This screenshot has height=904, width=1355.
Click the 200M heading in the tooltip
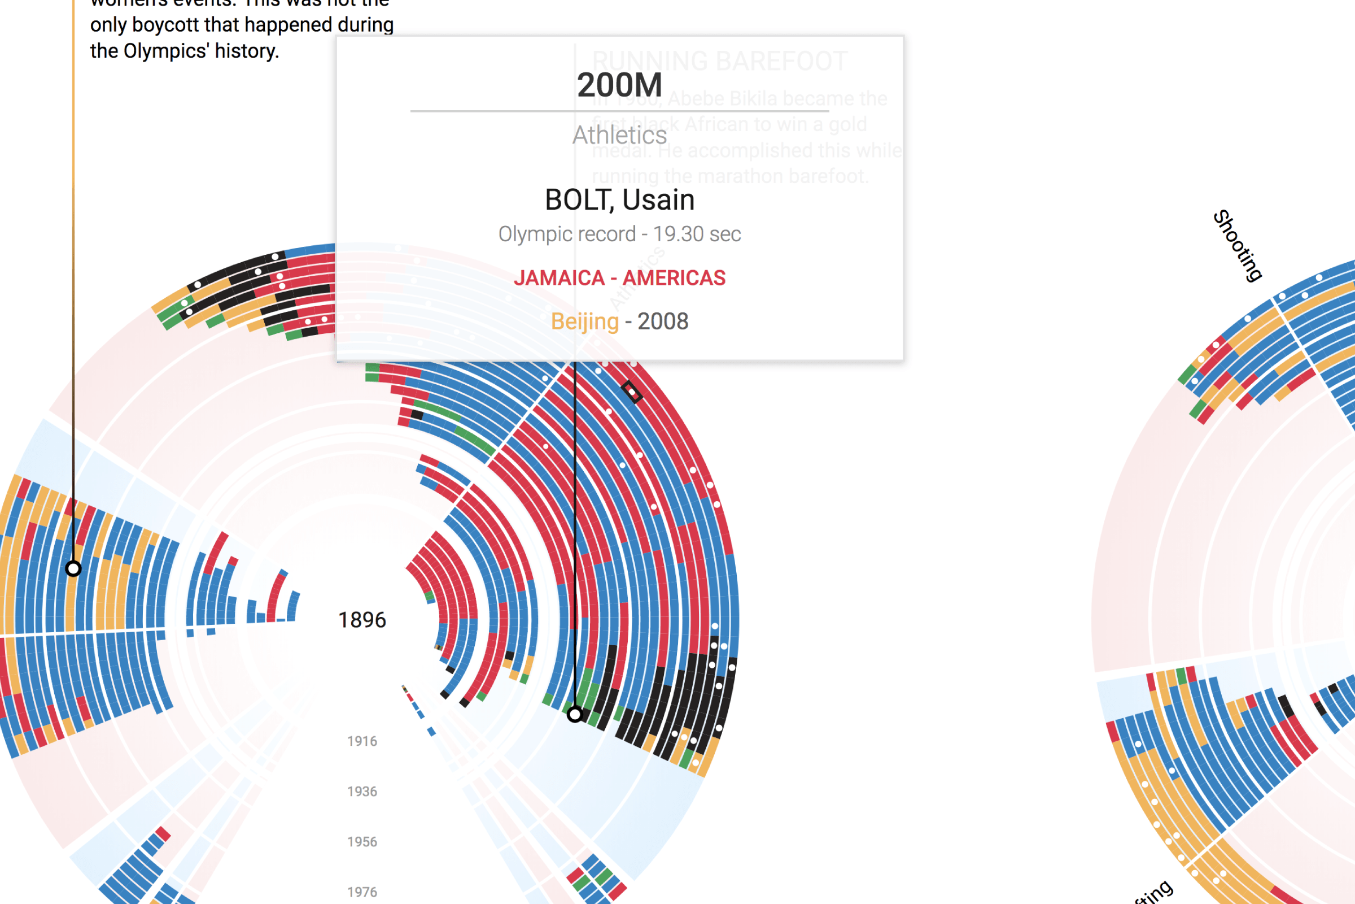pos(619,85)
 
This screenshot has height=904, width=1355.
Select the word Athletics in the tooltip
pos(619,136)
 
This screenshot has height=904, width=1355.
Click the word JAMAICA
pos(559,278)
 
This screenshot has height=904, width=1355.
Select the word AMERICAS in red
pos(674,278)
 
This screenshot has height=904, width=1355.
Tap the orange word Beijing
pos(584,321)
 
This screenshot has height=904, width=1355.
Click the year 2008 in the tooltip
pos(662,321)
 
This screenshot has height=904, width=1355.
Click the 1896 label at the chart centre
pos(362,620)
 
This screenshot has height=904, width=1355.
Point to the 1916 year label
pos(362,741)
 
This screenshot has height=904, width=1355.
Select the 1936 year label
pos(362,791)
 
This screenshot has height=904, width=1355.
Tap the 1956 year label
pos(362,842)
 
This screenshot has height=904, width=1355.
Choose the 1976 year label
pos(362,892)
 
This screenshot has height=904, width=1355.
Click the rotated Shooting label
pos(1238,246)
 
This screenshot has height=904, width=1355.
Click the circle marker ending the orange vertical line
pos(73,569)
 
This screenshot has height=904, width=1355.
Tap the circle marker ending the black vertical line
pos(575,714)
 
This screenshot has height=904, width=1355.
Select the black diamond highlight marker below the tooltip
pos(631,392)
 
